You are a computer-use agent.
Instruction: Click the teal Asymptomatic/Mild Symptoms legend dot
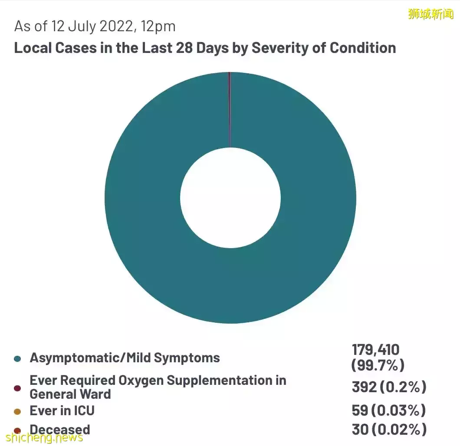17,359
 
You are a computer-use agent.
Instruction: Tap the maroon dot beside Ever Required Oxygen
17,388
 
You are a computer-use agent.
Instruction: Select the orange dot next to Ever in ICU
17,411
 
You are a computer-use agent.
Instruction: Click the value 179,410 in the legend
375,350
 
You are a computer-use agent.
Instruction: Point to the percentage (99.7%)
378,365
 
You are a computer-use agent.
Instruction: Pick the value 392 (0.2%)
389,387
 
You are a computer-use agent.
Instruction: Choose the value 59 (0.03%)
388,410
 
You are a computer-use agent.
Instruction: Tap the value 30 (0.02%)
388,430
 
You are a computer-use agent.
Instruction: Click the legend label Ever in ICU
62,410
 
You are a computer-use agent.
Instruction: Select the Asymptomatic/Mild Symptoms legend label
125,358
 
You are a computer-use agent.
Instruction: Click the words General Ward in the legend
70,394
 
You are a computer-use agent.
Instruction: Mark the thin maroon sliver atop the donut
230,108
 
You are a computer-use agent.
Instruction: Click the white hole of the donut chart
230,198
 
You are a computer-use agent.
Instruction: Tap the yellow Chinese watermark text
430,14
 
